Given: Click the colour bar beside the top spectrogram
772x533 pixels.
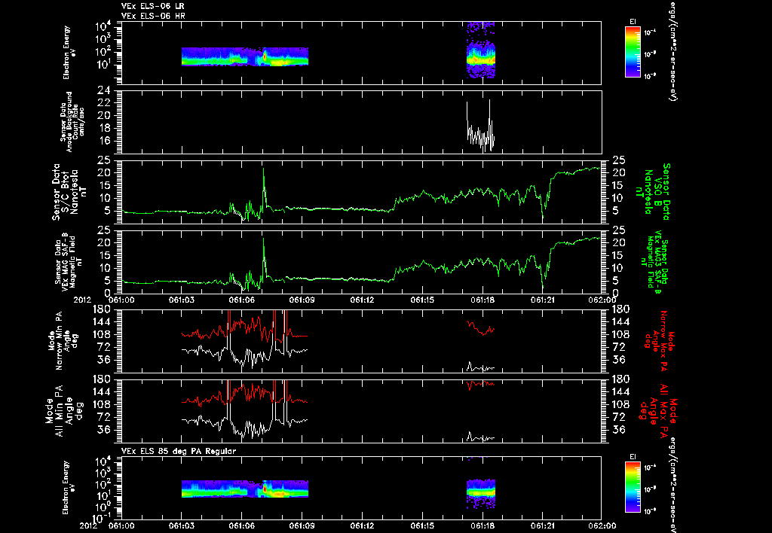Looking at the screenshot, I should (x=632, y=52).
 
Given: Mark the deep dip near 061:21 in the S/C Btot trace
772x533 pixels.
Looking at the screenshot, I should (x=543, y=217).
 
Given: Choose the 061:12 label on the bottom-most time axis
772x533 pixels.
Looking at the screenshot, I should (x=362, y=526).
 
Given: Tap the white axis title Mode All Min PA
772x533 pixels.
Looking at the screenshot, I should (x=57, y=410).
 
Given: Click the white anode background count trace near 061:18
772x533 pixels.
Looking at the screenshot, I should (x=480, y=132).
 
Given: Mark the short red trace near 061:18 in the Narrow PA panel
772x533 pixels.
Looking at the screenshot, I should (x=480, y=327).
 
